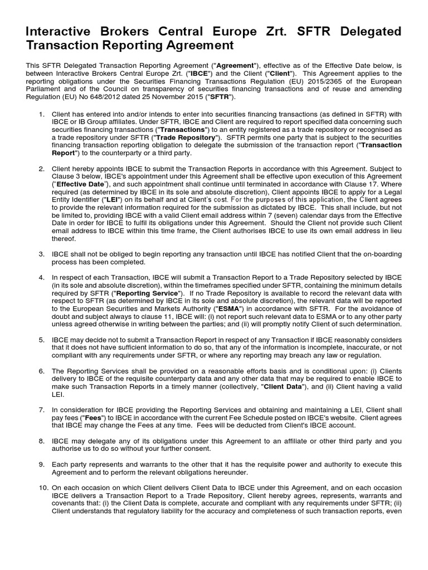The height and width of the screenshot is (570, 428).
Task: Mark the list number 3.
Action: pyautogui.click(x=41, y=254)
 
